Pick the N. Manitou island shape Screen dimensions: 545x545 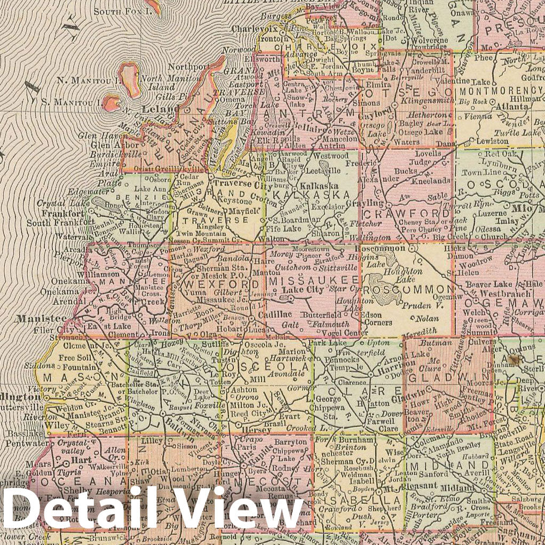point(130,76)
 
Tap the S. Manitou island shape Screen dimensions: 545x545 point(112,101)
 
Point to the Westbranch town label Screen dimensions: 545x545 point(489,294)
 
